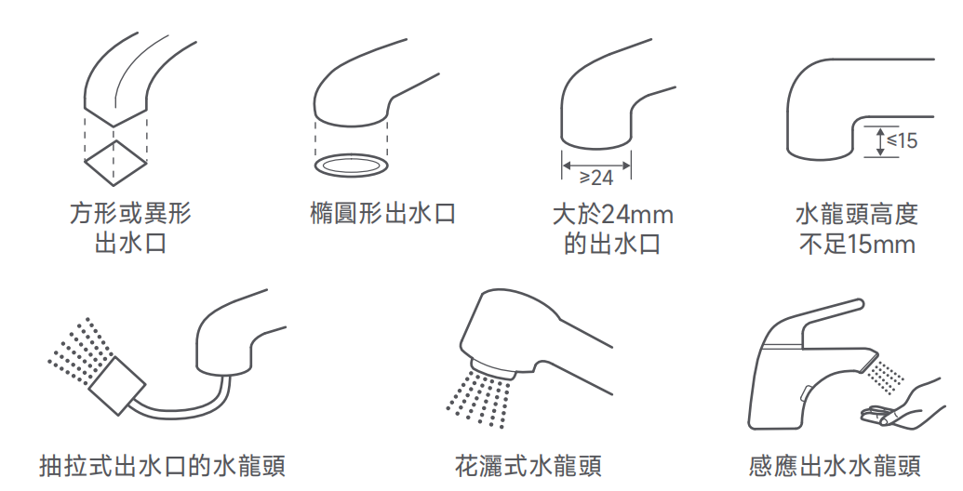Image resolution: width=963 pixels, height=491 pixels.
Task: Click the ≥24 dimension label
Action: click(x=596, y=178)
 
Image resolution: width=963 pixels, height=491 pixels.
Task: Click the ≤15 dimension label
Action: click(x=902, y=140)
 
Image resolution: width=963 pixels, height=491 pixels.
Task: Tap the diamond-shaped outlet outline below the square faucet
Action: click(x=114, y=163)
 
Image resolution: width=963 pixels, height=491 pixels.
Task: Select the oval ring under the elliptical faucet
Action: click(x=352, y=166)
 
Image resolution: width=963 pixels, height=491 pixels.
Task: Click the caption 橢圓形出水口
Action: click(x=383, y=214)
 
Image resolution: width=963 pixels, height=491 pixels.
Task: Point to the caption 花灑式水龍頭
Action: click(x=528, y=466)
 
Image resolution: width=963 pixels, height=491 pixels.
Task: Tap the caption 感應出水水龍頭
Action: click(x=836, y=466)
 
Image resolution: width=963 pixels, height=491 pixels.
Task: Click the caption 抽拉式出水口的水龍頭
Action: click(x=163, y=466)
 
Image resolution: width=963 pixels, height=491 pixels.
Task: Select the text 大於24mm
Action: click(x=613, y=214)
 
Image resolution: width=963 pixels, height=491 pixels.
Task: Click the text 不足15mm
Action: click(x=857, y=245)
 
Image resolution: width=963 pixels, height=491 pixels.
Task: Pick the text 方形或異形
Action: click(x=130, y=214)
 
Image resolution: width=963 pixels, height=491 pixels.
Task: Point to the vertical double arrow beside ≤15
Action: click(x=880, y=141)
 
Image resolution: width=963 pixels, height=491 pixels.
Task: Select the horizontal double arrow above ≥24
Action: click(x=596, y=165)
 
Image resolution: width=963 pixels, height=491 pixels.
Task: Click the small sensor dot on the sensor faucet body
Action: click(x=805, y=391)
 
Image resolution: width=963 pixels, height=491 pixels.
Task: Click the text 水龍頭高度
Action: click(x=857, y=214)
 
